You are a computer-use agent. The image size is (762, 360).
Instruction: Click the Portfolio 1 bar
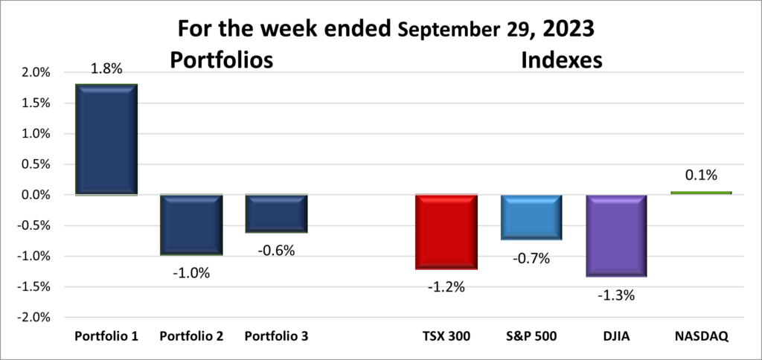(x=106, y=139)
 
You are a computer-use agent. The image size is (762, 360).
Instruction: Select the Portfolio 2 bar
(x=191, y=225)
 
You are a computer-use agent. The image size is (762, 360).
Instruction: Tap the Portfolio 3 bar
(x=276, y=213)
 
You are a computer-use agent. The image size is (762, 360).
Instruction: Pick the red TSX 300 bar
(x=446, y=231)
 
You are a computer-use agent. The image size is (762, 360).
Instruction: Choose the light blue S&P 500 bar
(x=531, y=217)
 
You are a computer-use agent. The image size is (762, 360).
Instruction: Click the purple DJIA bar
(x=615, y=235)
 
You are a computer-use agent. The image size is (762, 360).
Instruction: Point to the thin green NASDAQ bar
(x=700, y=193)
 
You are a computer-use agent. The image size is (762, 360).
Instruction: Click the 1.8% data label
(x=106, y=70)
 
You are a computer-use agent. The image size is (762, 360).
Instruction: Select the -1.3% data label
(x=615, y=295)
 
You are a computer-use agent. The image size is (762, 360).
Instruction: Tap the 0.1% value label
(x=700, y=176)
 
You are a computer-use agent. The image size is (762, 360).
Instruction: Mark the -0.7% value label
(x=531, y=259)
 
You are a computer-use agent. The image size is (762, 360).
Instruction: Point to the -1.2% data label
(x=446, y=287)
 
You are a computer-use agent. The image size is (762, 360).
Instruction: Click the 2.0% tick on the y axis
(x=35, y=73)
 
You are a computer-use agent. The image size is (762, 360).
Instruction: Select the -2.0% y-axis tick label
(x=33, y=317)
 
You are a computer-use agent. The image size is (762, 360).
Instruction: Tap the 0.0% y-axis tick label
(x=35, y=195)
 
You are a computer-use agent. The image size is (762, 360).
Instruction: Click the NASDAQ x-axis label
(x=700, y=336)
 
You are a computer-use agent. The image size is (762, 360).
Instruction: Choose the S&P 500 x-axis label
(x=531, y=336)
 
